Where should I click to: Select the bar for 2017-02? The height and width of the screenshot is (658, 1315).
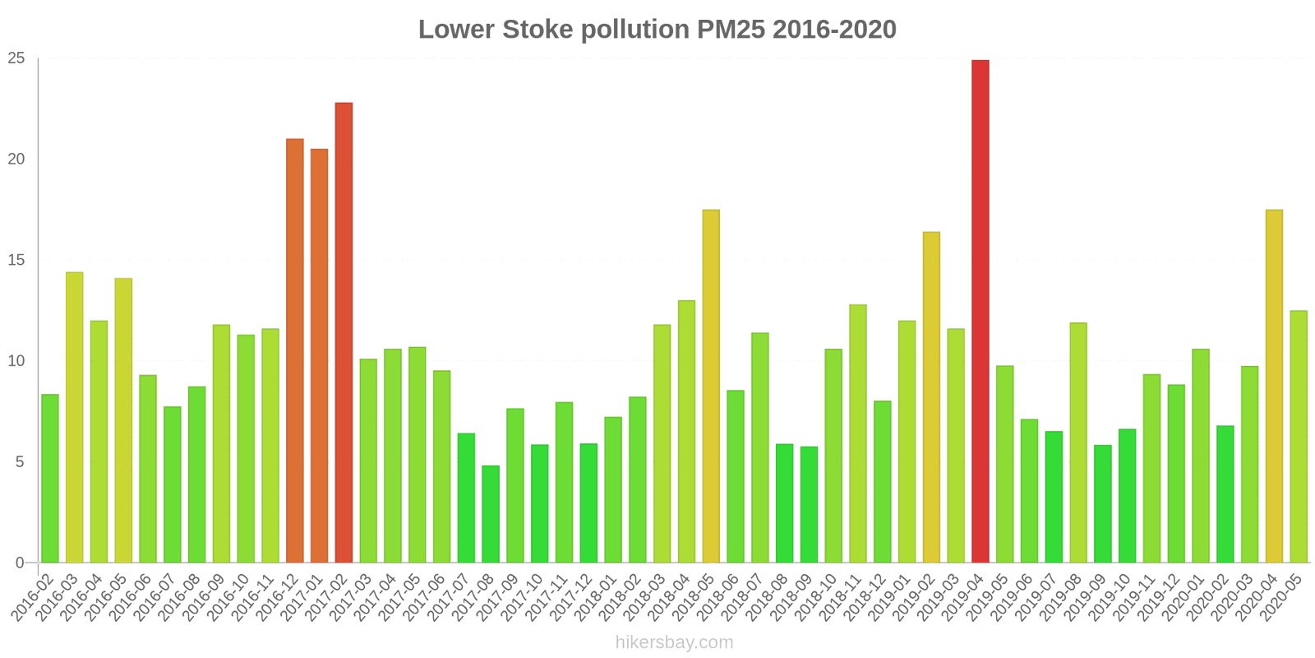pyautogui.click(x=344, y=332)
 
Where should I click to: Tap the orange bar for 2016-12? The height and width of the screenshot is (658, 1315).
pyautogui.click(x=294, y=350)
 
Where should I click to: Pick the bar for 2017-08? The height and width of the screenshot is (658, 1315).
pyautogui.click(x=491, y=514)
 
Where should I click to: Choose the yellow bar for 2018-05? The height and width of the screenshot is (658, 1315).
pyautogui.click(x=711, y=386)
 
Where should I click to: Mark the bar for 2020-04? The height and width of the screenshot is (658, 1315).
pyautogui.click(x=1274, y=386)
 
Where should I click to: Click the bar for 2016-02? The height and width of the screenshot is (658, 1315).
pyautogui.click(x=50, y=479)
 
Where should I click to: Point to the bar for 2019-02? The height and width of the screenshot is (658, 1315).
pyautogui.click(x=931, y=397)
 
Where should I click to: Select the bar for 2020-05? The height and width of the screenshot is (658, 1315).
pyautogui.click(x=1299, y=437)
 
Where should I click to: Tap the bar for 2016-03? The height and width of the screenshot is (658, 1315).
pyautogui.click(x=74, y=417)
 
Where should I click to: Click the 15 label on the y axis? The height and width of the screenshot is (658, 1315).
pyautogui.click(x=16, y=260)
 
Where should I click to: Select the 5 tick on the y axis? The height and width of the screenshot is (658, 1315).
pyautogui.click(x=21, y=462)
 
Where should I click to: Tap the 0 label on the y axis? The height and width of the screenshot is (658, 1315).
pyautogui.click(x=21, y=563)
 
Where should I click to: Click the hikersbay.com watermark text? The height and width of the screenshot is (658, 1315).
pyautogui.click(x=674, y=642)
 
